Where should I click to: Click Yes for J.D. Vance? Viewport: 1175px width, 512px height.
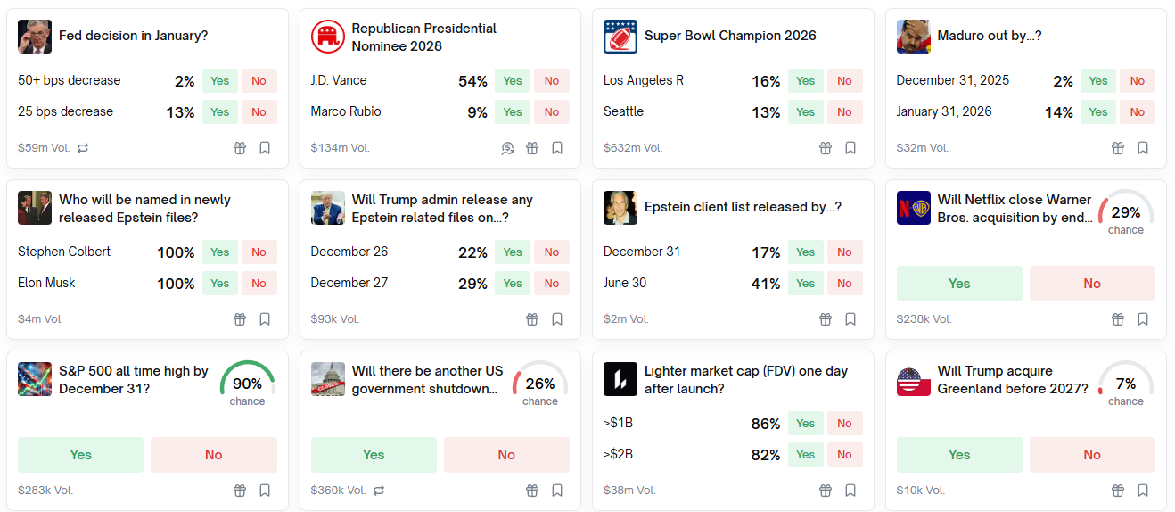coord(513,81)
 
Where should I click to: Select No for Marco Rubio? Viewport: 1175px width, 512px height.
coord(552,112)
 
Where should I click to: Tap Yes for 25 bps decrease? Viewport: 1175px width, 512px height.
coord(219,112)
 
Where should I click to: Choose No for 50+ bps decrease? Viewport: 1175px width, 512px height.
coord(259,81)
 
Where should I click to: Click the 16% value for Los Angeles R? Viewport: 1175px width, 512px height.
coord(766,81)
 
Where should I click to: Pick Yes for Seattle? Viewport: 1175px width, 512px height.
coord(805,112)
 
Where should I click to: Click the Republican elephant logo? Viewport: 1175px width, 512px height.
coord(327,37)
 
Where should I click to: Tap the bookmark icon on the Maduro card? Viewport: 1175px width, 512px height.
coord(1143,148)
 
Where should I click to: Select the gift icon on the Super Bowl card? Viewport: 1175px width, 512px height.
coord(826,148)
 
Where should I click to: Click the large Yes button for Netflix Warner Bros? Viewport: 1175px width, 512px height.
coord(959,284)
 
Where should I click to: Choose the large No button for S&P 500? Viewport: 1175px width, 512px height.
coord(214,455)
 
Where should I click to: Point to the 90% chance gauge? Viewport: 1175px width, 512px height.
coord(248,384)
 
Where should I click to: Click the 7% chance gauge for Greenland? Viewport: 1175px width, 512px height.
coord(1126,384)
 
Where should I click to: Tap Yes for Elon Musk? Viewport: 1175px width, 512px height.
coord(219,284)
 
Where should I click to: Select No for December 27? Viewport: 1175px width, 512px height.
coord(552,284)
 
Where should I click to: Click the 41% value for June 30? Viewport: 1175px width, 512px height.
coord(766,284)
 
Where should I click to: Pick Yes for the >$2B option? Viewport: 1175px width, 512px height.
coord(805,455)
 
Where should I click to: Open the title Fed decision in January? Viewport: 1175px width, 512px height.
coord(133,37)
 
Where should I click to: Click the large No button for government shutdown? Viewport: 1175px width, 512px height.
coord(506,455)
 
